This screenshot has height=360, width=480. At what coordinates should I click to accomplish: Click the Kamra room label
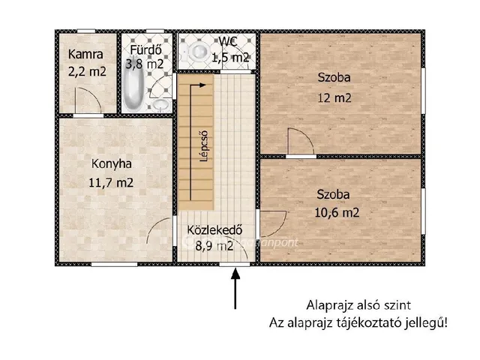85,54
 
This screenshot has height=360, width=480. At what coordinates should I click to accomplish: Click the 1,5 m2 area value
231,57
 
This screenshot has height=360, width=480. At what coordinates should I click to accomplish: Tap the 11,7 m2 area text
112,182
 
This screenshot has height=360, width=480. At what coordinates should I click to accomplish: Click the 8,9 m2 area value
214,245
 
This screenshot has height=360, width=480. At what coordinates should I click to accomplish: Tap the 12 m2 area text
334,98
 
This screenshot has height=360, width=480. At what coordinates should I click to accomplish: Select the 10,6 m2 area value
334,212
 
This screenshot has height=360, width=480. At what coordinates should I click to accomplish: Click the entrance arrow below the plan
236,289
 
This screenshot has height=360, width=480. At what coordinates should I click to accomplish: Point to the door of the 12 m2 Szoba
298,142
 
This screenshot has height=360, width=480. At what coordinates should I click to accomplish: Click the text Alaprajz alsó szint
358,305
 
